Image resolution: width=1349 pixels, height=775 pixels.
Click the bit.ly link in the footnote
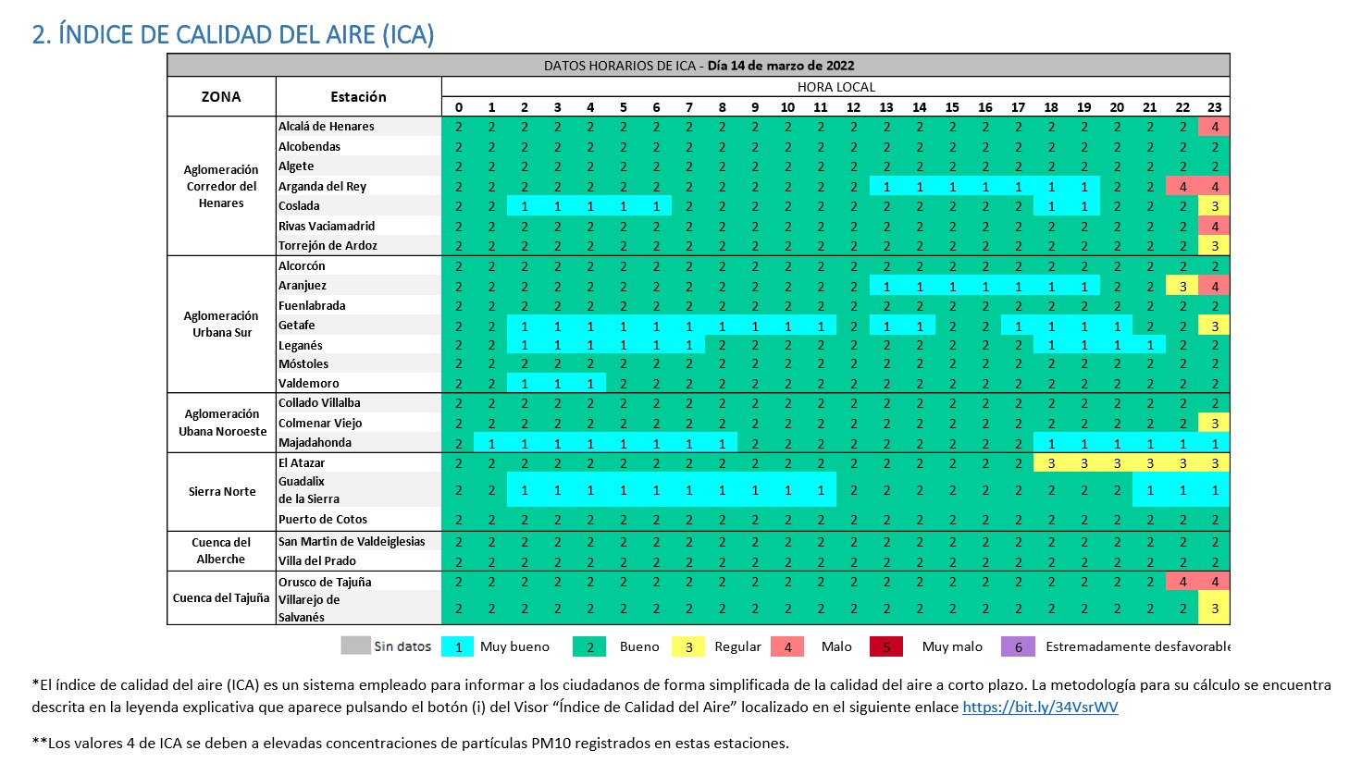(x=1040, y=707)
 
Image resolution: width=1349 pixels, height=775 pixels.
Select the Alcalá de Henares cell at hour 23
(x=1214, y=127)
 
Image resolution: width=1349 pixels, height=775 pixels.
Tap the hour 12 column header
(x=853, y=107)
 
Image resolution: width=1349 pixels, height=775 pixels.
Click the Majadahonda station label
(x=315, y=443)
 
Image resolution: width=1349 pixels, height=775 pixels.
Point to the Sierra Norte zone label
(x=222, y=491)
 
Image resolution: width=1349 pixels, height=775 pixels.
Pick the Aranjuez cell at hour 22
(x=1182, y=286)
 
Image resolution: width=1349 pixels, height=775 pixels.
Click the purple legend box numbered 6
(x=1018, y=646)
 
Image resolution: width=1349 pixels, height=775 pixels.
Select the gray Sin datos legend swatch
(x=355, y=646)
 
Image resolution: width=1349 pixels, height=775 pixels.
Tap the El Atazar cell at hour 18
(x=1051, y=463)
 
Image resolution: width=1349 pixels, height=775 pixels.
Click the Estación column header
(x=358, y=96)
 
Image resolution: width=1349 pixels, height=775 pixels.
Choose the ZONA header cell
(x=221, y=96)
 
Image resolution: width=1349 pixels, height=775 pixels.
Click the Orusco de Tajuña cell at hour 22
(x=1182, y=582)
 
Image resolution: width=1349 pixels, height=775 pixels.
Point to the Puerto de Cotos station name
(x=322, y=519)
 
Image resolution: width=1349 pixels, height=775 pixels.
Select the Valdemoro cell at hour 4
(x=590, y=384)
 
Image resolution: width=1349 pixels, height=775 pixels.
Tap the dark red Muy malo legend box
(x=885, y=646)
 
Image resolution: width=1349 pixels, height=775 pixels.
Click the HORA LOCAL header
(x=835, y=87)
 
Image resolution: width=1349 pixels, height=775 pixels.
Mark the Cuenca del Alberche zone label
(x=221, y=550)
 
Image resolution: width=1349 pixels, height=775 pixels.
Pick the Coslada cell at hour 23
(x=1214, y=206)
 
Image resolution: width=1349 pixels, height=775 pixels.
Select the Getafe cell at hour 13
(x=885, y=326)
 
